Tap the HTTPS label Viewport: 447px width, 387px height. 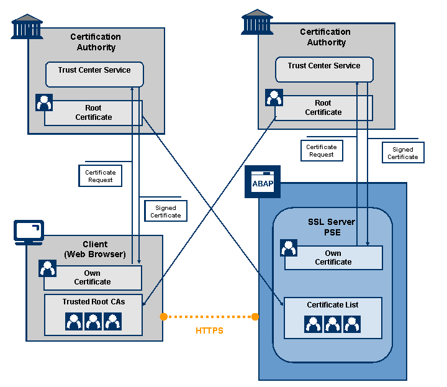click(x=209, y=331)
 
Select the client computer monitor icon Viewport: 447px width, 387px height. click(x=29, y=232)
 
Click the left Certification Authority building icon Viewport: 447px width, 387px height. click(x=27, y=27)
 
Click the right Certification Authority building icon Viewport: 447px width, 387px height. click(x=257, y=22)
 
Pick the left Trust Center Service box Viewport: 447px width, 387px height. click(x=94, y=74)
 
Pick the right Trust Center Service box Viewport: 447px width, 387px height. click(x=323, y=70)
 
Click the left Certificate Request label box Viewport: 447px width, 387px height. click(x=100, y=176)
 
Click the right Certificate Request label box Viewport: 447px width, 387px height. click(x=322, y=151)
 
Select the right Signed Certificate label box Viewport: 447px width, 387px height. click(x=403, y=153)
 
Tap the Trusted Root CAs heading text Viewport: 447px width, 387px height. click(x=93, y=302)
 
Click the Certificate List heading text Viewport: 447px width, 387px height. click(x=333, y=305)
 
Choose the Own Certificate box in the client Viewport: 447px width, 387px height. click(x=93, y=278)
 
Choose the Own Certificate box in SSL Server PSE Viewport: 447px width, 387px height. click(x=333, y=258)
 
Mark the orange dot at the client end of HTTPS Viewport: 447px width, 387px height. click(x=163, y=316)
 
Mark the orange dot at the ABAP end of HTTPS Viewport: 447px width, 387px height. click(x=255, y=317)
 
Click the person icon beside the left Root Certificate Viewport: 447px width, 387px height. click(x=44, y=102)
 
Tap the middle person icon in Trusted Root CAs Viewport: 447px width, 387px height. click(x=93, y=321)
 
